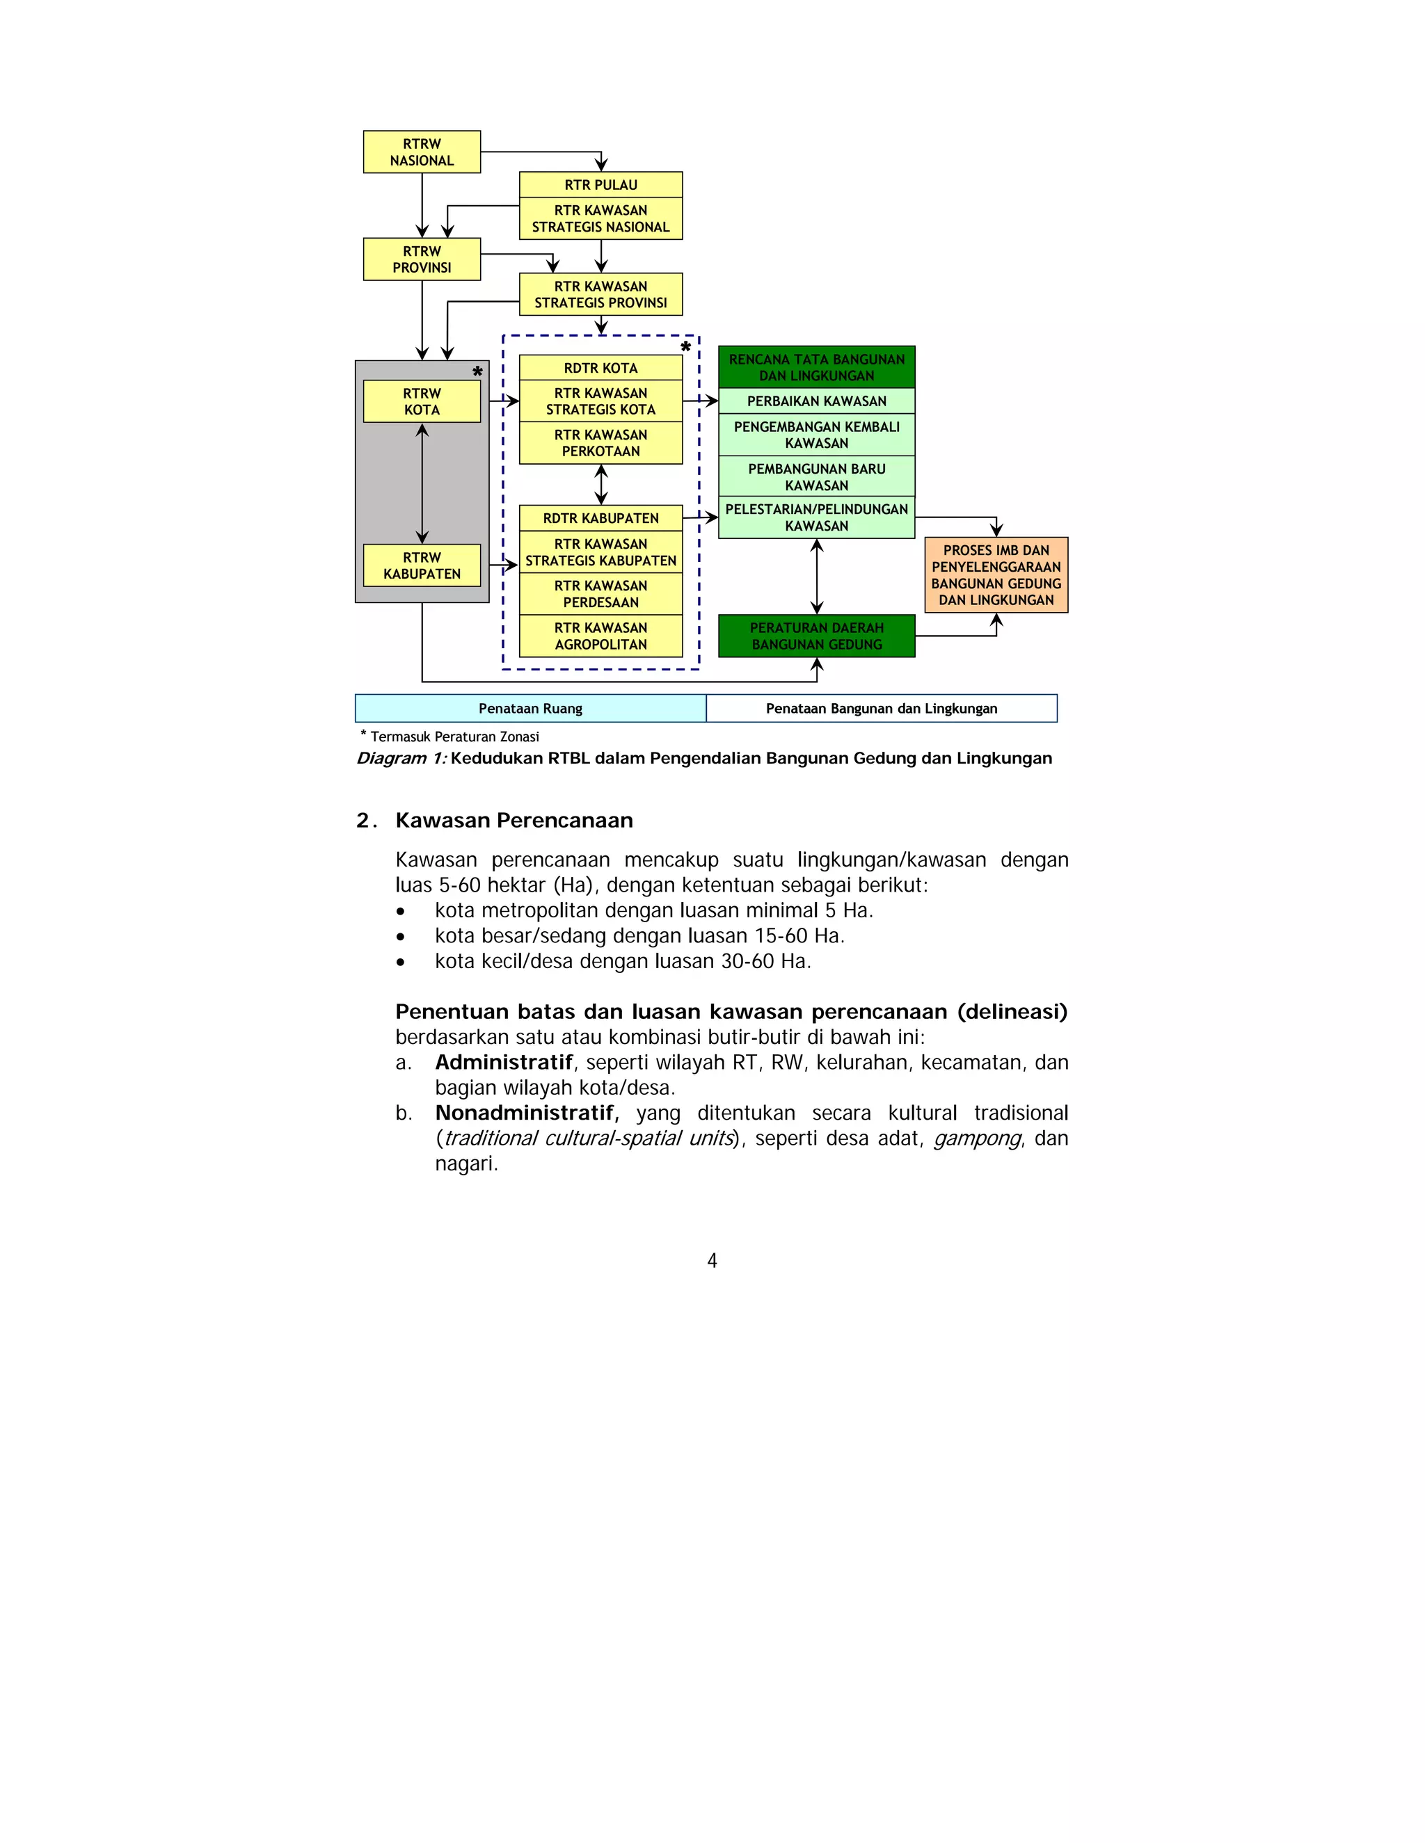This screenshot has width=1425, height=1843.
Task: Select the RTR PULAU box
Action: [600, 185]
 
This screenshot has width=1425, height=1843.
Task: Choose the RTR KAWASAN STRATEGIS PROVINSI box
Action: [600, 294]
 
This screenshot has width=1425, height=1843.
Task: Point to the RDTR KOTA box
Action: [600, 368]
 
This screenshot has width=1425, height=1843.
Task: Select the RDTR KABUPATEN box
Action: [600, 518]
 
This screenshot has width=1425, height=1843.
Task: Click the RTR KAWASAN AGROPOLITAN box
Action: [600, 636]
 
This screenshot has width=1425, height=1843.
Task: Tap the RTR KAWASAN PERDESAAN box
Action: [600, 594]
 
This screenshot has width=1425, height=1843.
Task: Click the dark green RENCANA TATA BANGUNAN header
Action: [816, 367]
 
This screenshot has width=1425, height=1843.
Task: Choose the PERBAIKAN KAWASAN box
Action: [816, 401]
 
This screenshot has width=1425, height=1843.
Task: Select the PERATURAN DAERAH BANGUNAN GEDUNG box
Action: [816, 636]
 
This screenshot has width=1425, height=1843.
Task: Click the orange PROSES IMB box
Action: [996, 574]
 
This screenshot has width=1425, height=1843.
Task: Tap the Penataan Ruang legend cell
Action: [530, 709]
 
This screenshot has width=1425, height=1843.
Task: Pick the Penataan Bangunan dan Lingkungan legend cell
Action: [882, 709]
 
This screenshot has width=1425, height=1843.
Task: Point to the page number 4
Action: [712, 1261]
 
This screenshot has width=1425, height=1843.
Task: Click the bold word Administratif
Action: [504, 1063]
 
